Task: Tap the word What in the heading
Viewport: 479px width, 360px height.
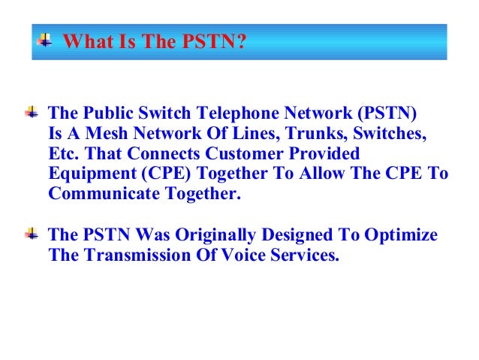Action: click(x=82, y=41)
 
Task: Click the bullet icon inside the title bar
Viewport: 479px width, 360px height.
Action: click(x=45, y=39)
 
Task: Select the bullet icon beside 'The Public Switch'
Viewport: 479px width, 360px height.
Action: click(x=32, y=113)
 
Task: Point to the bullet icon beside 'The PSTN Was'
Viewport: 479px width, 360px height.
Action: click(x=32, y=234)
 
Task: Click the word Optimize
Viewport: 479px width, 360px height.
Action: click(x=401, y=235)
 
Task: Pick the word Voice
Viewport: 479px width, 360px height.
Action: click(x=249, y=256)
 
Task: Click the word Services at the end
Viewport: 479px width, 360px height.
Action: click(x=308, y=256)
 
